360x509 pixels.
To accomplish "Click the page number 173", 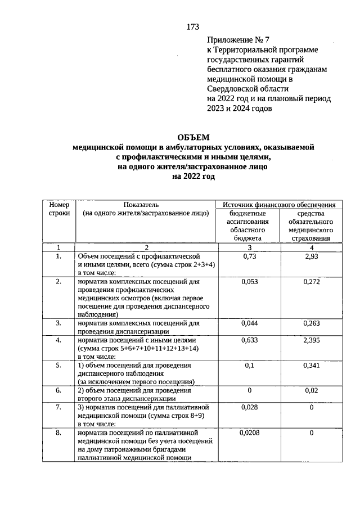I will click(x=193, y=26).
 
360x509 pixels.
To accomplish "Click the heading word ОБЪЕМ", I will click(x=193, y=137).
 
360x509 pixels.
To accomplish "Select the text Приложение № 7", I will click(x=235, y=40).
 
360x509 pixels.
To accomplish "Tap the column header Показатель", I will click(x=146, y=205).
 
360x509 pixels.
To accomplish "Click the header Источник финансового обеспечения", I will click(x=280, y=205).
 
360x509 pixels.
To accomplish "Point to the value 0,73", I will click(x=249, y=256).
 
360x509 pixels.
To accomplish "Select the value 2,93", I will click(x=310, y=256).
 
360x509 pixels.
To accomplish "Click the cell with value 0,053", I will click(x=249, y=281).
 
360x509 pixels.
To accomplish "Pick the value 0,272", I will click(x=310, y=281).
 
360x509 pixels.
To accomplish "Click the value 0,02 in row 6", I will click(x=310, y=390).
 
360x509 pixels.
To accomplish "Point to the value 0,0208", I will click(x=249, y=433).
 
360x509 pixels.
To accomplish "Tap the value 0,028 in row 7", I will click(x=249, y=407).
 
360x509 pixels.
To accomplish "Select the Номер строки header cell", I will click(x=58, y=209).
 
